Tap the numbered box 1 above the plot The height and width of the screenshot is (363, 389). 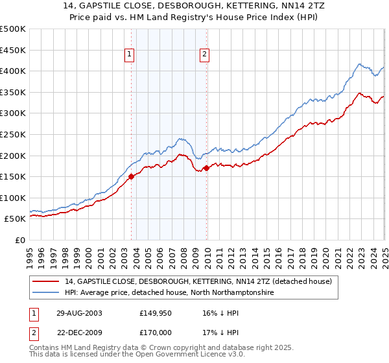coord(130,55)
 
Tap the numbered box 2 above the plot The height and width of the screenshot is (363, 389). coord(204,55)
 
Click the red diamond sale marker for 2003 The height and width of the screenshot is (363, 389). coord(132,176)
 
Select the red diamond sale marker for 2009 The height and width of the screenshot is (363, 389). coord(206,168)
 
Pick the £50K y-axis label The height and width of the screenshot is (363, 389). coord(16,219)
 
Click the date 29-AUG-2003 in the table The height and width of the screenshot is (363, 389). coord(79,312)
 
